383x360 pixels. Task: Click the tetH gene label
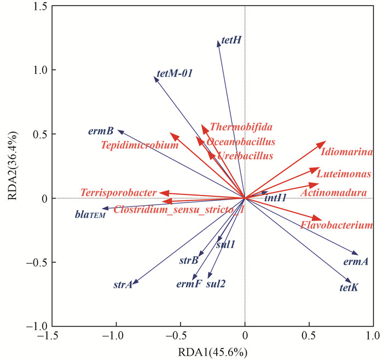click(x=231, y=40)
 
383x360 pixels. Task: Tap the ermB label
click(x=101, y=131)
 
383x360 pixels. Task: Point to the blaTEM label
click(x=89, y=214)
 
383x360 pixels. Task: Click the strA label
click(x=123, y=285)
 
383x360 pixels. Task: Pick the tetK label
click(x=349, y=287)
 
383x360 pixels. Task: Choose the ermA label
click(x=356, y=262)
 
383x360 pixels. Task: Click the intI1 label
click(x=275, y=198)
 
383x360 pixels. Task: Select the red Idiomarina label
click(x=347, y=152)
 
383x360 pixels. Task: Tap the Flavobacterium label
click(x=336, y=225)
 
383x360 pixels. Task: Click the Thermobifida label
click(x=241, y=127)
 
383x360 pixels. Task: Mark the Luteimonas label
click(x=344, y=175)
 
